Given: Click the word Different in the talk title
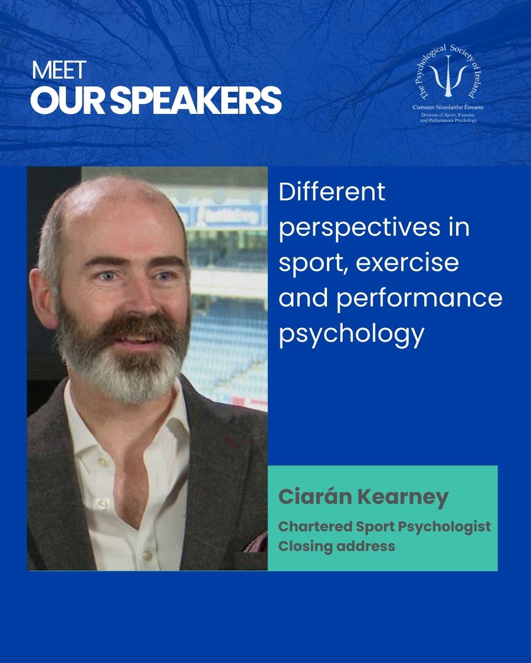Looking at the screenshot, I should [x=332, y=194].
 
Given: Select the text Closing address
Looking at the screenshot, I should [x=336, y=546].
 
